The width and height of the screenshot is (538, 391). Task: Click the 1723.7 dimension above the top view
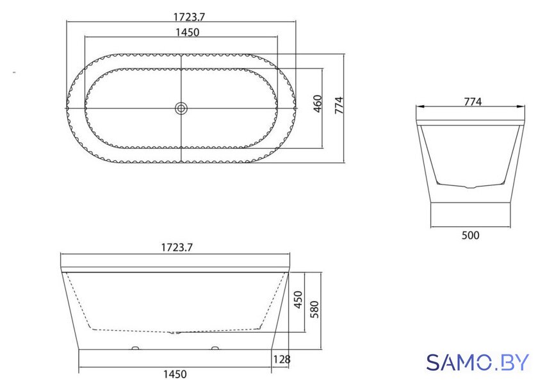(189, 17)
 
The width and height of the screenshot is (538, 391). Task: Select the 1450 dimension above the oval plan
(187, 32)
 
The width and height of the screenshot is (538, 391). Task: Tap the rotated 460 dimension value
(318, 104)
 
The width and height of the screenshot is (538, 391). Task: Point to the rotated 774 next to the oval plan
(339, 105)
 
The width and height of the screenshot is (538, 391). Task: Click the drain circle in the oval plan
(181, 108)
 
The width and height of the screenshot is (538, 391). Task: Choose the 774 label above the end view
(473, 102)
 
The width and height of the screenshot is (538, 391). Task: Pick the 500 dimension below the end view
(470, 235)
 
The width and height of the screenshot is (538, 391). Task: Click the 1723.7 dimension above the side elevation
(177, 247)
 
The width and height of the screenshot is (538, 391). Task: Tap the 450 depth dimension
(298, 300)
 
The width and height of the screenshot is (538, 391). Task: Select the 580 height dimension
(314, 310)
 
